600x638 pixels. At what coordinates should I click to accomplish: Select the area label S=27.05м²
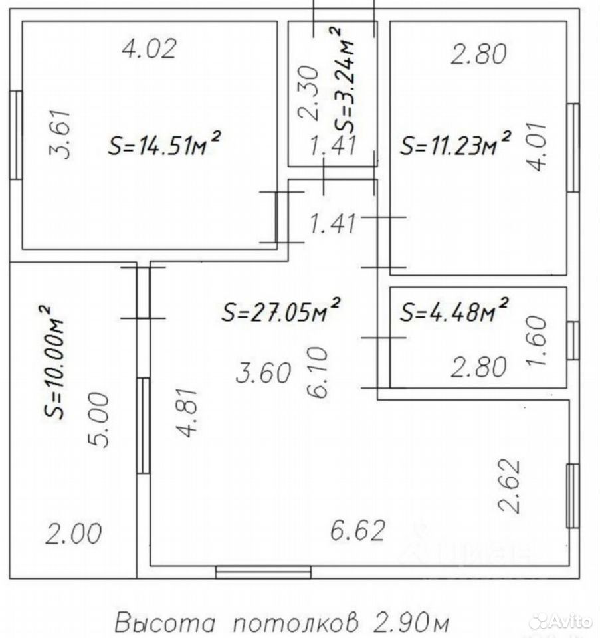(x=281, y=310)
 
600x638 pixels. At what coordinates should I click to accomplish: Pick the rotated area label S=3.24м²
(x=342, y=80)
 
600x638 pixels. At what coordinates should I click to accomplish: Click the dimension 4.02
(x=150, y=49)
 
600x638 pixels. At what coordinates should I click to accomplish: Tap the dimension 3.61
(x=61, y=134)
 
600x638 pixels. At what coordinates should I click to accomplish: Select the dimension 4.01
(x=536, y=146)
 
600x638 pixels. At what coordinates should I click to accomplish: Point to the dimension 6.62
(x=357, y=530)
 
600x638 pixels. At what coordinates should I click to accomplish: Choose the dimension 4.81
(x=188, y=413)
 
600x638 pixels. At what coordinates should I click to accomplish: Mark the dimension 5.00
(x=99, y=420)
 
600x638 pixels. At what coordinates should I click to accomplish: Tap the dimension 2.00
(x=73, y=534)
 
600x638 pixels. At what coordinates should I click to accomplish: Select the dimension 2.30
(x=308, y=93)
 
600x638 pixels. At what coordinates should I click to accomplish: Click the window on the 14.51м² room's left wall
(x=16, y=135)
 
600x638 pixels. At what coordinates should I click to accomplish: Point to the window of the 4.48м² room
(x=573, y=340)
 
